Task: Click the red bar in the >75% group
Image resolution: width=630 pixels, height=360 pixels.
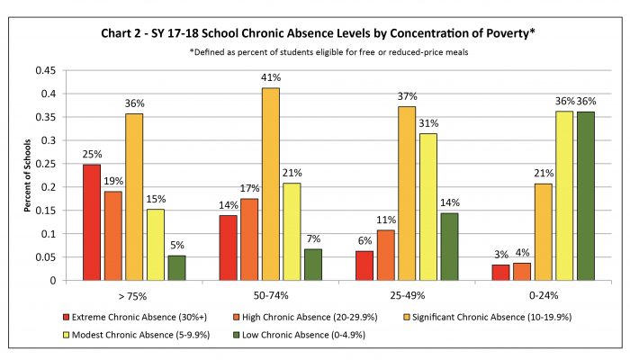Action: point(92,222)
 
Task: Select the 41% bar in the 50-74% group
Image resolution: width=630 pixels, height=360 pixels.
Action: point(270,184)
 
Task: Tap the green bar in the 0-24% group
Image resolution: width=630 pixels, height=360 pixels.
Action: point(586,196)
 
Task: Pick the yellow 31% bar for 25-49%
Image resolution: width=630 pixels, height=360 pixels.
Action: point(427,207)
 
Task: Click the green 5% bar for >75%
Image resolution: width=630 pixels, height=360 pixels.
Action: point(176,268)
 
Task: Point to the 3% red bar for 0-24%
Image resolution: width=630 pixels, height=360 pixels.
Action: point(500,273)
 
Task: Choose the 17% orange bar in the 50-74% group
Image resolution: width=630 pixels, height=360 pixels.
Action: point(249,239)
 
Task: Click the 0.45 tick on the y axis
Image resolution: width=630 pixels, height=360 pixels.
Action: point(45,71)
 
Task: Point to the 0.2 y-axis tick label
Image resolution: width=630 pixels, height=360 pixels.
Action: point(49,187)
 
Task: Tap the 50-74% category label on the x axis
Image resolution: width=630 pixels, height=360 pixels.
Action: point(271,296)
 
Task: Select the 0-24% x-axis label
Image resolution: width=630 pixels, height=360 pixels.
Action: point(544,296)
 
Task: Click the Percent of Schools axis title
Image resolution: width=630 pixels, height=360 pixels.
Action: point(27,175)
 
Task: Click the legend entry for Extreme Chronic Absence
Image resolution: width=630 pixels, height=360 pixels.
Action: point(135,317)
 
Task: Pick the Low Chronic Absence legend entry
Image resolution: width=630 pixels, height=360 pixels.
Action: point(299,335)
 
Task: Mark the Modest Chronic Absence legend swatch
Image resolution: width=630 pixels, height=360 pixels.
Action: point(67,335)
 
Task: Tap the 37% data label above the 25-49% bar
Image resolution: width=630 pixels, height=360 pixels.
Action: point(408,96)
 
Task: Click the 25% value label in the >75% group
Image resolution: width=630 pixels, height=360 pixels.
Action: point(92,154)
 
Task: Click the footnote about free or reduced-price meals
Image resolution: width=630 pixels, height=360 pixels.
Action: point(328,52)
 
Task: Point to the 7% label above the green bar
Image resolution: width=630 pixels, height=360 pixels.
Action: point(313,239)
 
